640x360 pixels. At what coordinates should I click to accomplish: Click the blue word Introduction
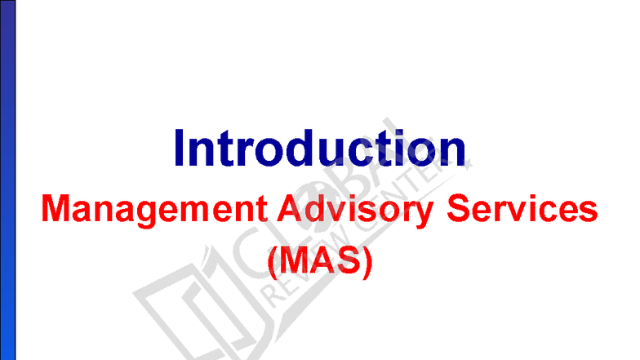click(x=319, y=149)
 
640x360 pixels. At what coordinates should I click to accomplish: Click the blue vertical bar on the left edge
click(x=8, y=180)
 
